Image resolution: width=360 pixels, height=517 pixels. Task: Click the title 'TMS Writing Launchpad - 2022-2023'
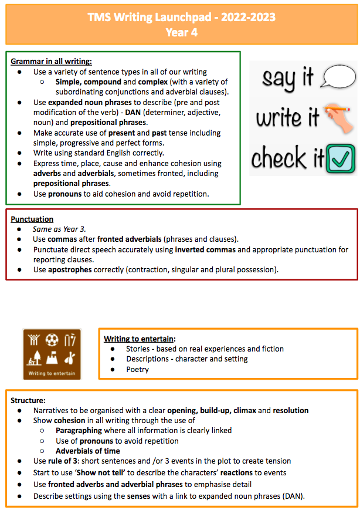coord(181,17)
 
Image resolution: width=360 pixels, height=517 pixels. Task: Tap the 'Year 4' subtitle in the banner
coord(181,32)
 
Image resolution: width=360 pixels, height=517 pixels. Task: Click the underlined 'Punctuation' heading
coord(32,219)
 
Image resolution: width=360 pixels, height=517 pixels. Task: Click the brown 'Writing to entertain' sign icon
coord(52,354)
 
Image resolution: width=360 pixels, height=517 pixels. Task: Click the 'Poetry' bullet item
coord(137,370)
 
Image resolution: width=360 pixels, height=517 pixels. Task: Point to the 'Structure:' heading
coord(28,400)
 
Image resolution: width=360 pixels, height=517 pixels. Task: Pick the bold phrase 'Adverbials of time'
coord(88,451)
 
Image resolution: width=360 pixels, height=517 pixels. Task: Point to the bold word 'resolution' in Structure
coord(287,410)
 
